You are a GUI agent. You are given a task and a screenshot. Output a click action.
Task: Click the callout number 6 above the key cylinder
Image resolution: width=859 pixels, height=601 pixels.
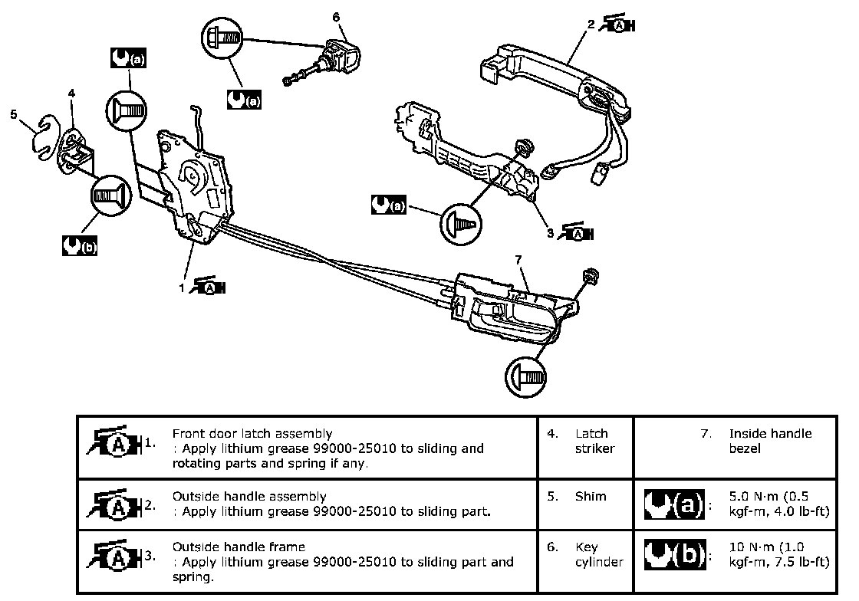pyautogui.click(x=336, y=16)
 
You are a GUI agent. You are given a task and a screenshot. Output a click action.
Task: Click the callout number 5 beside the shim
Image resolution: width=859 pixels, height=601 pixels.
pyautogui.click(x=14, y=114)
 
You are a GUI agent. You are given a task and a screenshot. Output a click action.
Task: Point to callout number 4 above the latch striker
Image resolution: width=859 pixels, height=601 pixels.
pyautogui.click(x=71, y=94)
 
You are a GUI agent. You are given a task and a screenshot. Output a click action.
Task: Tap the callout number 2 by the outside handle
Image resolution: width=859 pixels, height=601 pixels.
pyautogui.click(x=591, y=25)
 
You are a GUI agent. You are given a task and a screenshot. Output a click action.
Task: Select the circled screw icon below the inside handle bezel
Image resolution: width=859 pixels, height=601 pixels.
pyautogui.click(x=527, y=377)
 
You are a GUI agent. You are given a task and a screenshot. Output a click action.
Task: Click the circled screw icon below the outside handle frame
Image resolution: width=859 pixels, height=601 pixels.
pyautogui.click(x=462, y=224)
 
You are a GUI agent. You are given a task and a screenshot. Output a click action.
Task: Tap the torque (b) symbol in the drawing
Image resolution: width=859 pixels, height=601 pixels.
pyautogui.click(x=79, y=246)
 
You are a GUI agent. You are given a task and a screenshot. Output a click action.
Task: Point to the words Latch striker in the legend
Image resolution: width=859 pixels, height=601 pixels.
pyautogui.click(x=594, y=441)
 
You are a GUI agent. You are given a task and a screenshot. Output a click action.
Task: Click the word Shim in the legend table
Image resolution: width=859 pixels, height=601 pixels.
pyautogui.click(x=591, y=496)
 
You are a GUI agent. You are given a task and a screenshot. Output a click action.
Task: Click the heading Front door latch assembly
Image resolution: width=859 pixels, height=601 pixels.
pyautogui.click(x=252, y=434)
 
